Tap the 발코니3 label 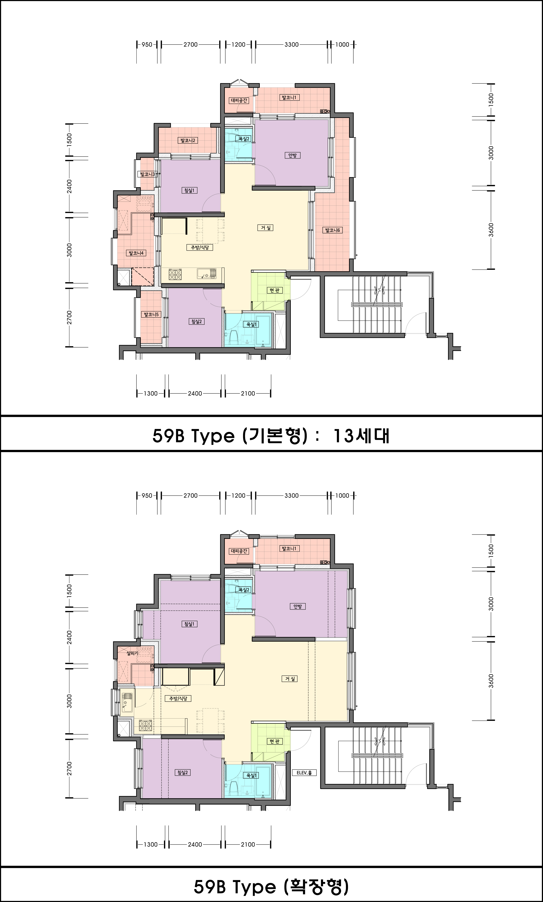(x=148, y=174)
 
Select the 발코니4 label (x=136, y=253)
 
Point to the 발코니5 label (x=151, y=314)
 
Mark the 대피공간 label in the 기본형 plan (x=239, y=100)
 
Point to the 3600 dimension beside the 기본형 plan (x=491, y=230)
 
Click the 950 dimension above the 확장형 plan (x=147, y=496)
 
